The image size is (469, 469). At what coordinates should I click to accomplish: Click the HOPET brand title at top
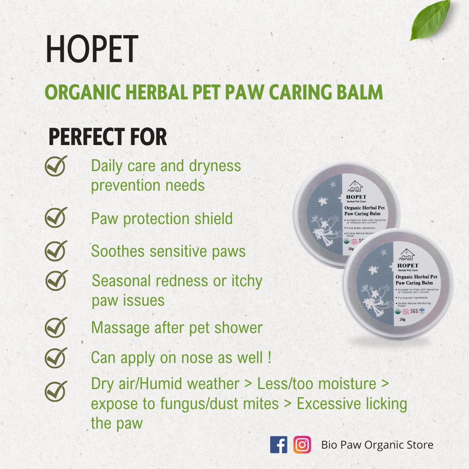click(92, 50)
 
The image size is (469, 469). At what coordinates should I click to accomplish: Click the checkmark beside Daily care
click(56, 166)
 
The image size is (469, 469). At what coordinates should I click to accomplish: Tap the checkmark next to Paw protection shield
click(56, 217)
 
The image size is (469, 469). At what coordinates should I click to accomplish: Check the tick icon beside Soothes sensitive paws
click(56, 251)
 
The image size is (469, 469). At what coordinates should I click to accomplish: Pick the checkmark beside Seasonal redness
click(56, 280)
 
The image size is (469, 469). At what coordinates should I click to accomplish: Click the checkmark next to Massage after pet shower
click(56, 327)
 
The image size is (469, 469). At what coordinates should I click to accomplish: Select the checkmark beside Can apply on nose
click(56, 357)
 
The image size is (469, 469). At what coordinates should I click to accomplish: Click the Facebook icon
click(278, 445)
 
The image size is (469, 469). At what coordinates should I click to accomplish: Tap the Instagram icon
click(302, 445)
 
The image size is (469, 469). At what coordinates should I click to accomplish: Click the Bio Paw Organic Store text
click(377, 445)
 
